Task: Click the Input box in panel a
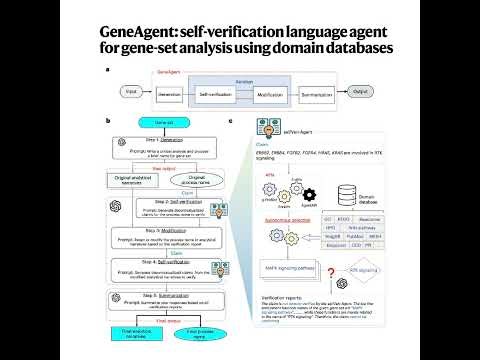coord(130,92)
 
